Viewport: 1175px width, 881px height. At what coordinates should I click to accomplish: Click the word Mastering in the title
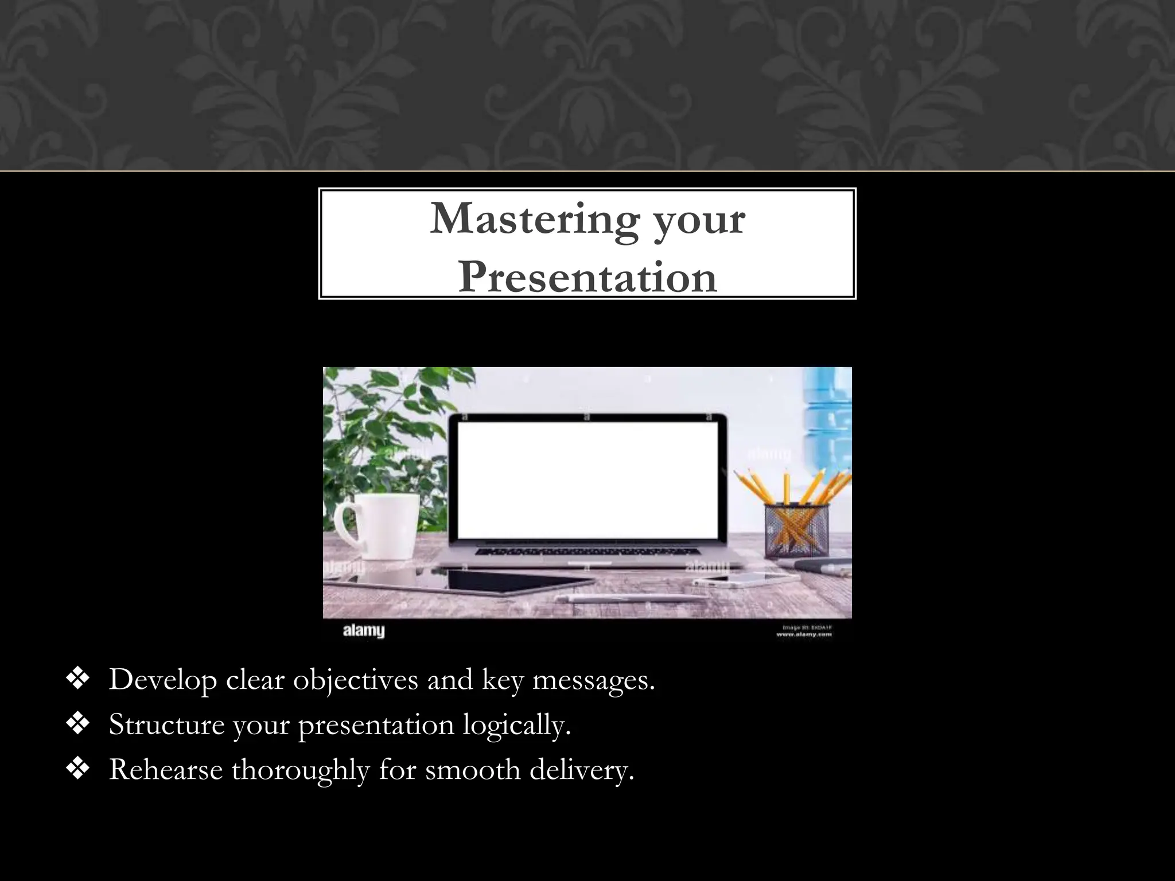point(534,220)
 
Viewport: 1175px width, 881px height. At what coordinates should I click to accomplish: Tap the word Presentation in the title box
point(587,278)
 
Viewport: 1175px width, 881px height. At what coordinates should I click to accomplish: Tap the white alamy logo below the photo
point(364,631)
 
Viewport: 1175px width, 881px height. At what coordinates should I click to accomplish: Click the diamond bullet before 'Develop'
point(77,680)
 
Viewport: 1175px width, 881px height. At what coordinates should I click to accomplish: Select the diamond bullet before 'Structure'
point(77,724)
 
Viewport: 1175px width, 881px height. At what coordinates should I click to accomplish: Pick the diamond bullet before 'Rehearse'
point(77,769)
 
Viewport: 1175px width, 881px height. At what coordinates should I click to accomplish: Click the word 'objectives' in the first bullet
point(355,681)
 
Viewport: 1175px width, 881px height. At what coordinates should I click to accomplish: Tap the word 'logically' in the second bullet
point(516,726)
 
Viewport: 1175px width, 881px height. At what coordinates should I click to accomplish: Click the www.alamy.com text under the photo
point(804,634)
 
